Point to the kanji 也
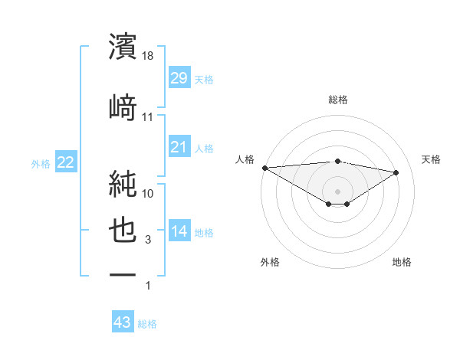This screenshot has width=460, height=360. pyautogui.click(x=123, y=231)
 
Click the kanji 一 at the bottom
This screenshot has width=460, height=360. pyautogui.click(x=123, y=274)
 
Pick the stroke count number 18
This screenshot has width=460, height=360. pyautogui.click(x=149, y=57)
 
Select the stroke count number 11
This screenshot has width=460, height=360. pyautogui.click(x=149, y=117)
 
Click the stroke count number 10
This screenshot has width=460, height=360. pyautogui.click(x=149, y=193)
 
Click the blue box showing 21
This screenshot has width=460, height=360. pyautogui.click(x=179, y=146)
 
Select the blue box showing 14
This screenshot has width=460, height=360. pyautogui.click(x=179, y=231)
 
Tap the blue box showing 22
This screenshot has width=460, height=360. pyautogui.click(x=65, y=162)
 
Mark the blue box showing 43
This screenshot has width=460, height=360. pyautogui.click(x=122, y=322)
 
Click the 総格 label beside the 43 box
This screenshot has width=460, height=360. pyautogui.click(x=147, y=324)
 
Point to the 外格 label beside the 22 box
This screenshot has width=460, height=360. pyautogui.click(x=41, y=163)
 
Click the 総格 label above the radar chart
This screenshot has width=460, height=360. pyautogui.click(x=337, y=100)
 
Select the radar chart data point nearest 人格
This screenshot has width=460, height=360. pyautogui.click(x=264, y=168)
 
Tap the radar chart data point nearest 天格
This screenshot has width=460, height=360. pyautogui.click(x=396, y=172)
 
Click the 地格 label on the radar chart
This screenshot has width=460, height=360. pyautogui.click(x=402, y=262)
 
